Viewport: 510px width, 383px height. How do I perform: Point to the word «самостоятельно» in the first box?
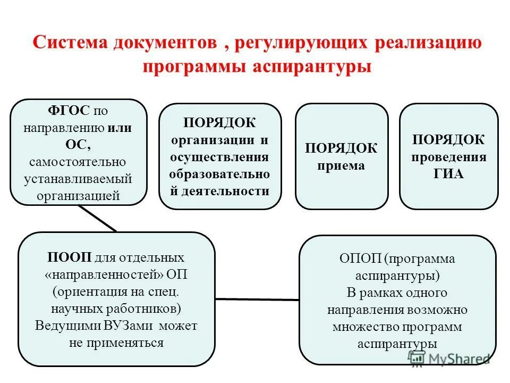pos(78,161)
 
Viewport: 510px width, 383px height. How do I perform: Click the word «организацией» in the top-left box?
pos(78,195)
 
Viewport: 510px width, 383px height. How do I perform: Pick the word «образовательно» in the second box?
pos(220,174)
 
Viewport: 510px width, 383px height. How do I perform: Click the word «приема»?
pos(341,165)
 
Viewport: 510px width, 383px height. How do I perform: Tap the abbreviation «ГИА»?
pos(448,174)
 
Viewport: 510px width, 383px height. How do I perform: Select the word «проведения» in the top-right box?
pos(449,157)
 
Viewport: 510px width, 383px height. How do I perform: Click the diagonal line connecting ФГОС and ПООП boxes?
pos(98,218)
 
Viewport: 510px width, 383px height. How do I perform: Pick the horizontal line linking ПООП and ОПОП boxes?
pos(257,299)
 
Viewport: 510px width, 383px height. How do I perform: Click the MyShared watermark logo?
pos(449,358)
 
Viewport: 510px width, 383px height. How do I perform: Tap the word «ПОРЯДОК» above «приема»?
pos(341,148)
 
